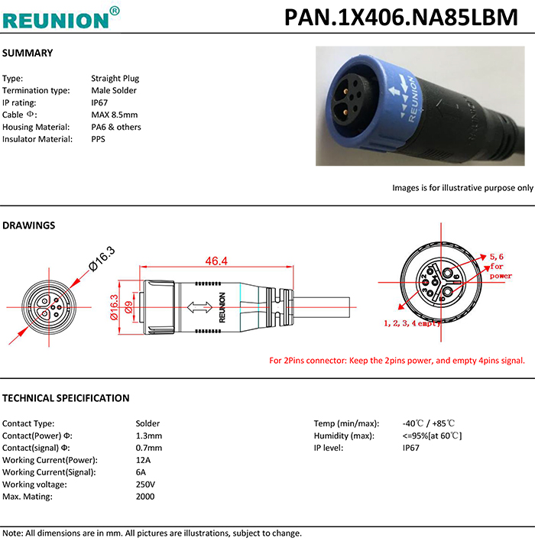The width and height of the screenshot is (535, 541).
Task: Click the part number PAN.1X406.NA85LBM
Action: [x=401, y=18]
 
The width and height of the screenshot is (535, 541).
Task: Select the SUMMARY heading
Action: [x=28, y=53]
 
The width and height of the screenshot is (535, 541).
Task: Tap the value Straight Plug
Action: [x=115, y=78]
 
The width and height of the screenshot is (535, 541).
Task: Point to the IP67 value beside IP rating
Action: [x=101, y=102]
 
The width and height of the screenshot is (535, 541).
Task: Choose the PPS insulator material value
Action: [x=98, y=139]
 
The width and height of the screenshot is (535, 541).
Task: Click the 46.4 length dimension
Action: [x=216, y=261]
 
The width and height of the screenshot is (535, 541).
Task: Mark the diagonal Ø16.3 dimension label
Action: [x=102, y=258]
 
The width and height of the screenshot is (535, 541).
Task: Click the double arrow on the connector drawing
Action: [x=200, y=306]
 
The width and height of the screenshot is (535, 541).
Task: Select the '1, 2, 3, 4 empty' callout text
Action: [x=412, y=324]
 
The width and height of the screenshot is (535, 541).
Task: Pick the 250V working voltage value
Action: [x=145, y=484]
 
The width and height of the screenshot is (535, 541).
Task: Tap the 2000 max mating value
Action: [x=145, y=497]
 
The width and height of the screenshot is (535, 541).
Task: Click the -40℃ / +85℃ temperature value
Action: [x=428, y=423]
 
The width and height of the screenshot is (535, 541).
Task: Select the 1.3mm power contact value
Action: [x=148, y=436]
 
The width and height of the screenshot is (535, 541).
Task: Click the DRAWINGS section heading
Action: [x=29, y=226]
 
